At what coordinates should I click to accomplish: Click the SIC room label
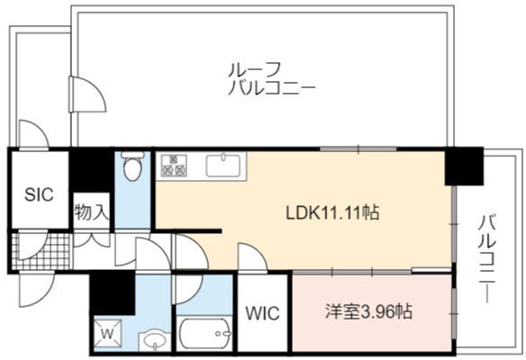click(x=39, y=194)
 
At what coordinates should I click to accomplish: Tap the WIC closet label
click(x=262, y=313)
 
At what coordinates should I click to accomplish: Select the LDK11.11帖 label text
click(x=332, y=212)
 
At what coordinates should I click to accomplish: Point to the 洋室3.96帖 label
click(x=368, y=311)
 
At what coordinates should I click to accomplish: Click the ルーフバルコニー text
click(x=271, y=79)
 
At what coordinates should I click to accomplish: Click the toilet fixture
click(x=132, y=166)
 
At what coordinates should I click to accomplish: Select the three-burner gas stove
click(x=174, y=166)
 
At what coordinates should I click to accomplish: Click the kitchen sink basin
click(x=222, y=166)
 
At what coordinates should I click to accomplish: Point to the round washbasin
click(x=154, y=340)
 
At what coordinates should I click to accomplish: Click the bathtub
click(x=204, y=333)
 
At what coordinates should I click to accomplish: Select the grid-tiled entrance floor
click(x=41, y=251)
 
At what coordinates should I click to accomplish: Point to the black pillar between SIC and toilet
click(x=91, y=170)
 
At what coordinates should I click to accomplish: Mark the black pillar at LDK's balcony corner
click(x=464, y=166)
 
